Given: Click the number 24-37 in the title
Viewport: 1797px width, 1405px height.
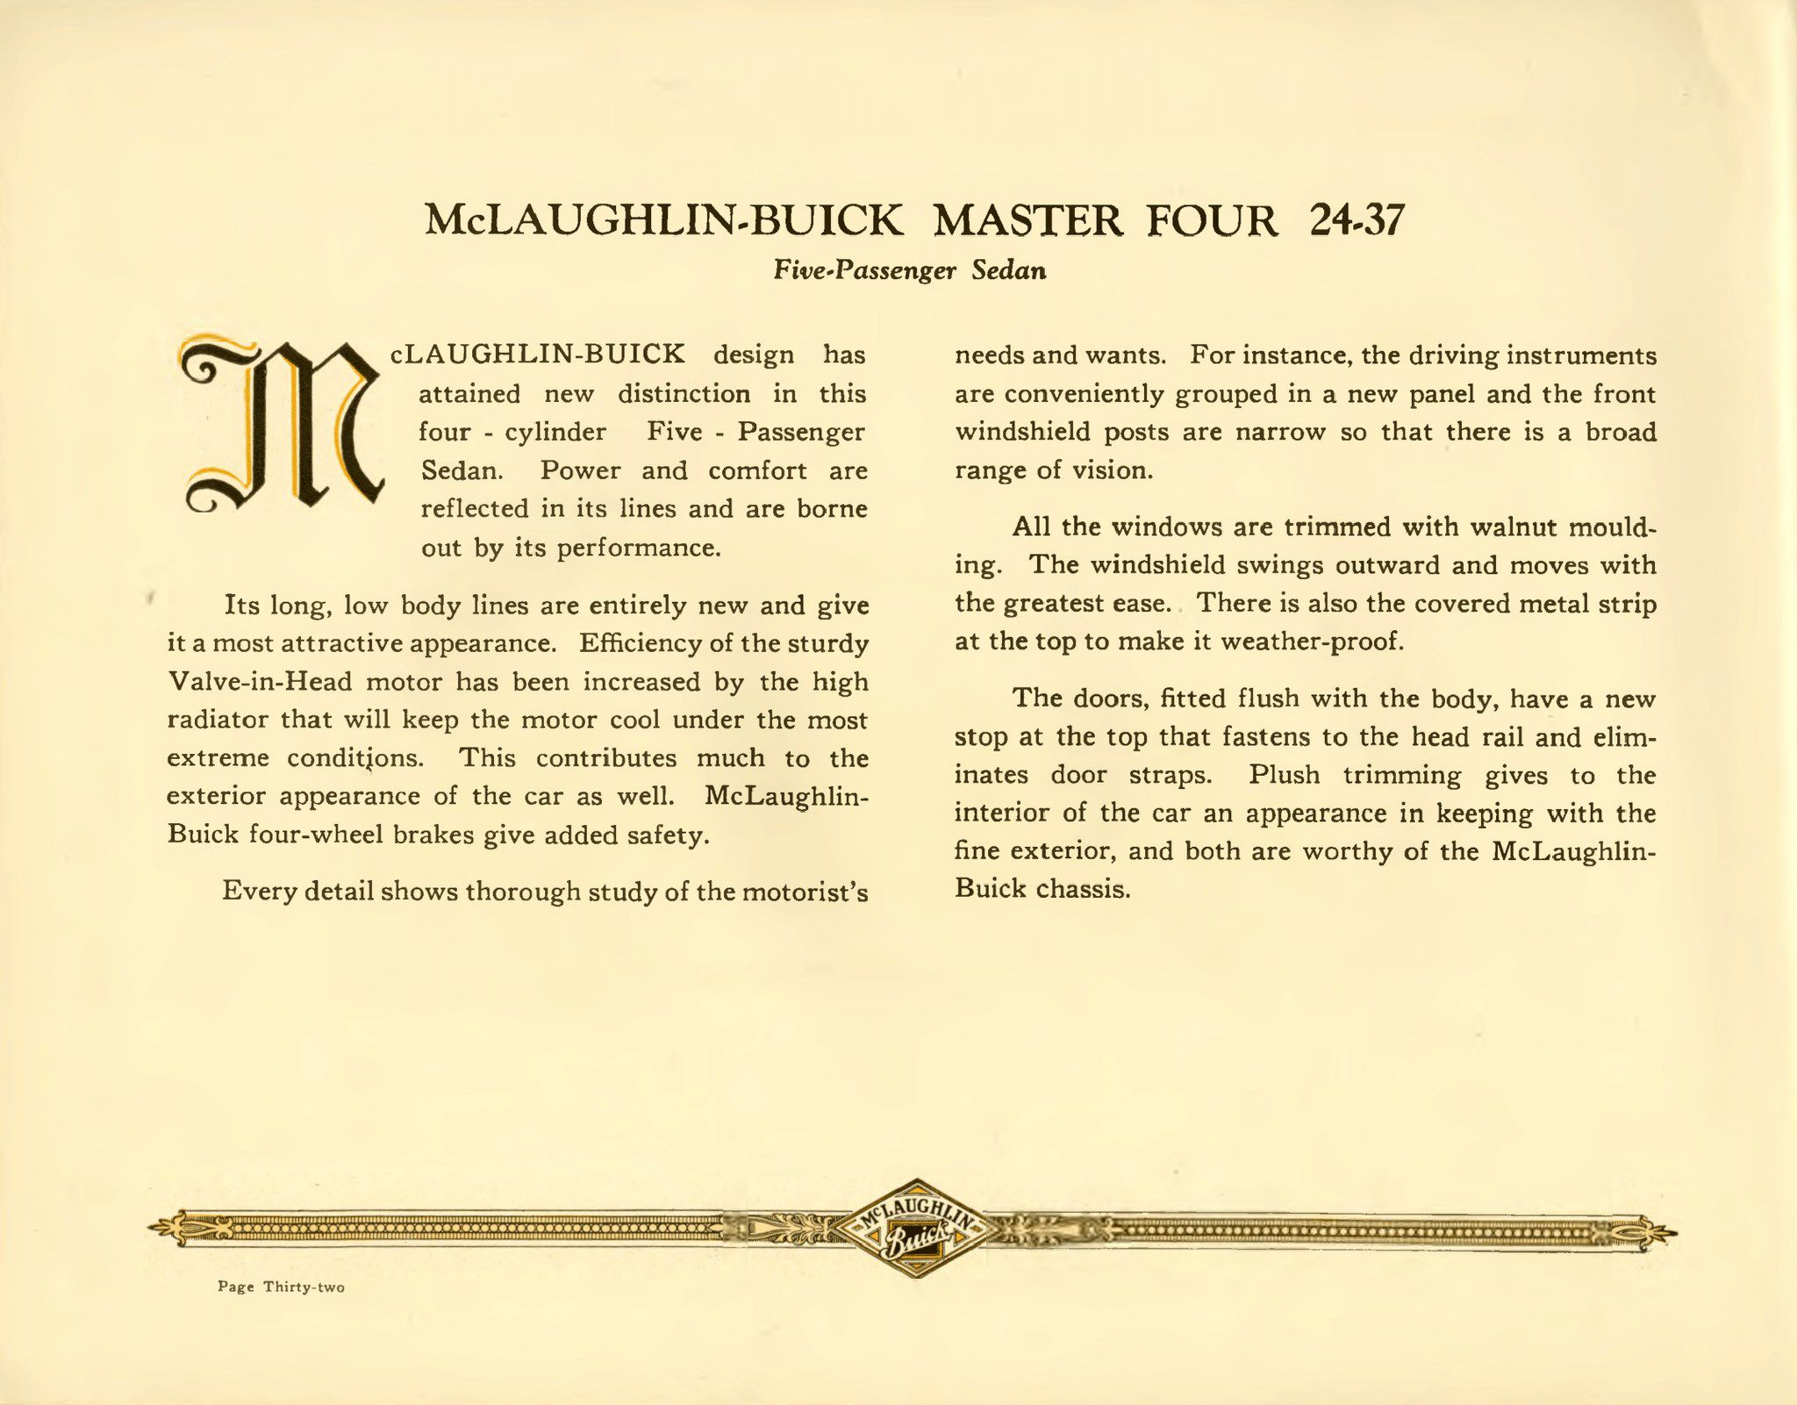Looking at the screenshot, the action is pyautogui.click(x=1357, y=220).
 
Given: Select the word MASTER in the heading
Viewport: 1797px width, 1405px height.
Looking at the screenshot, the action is pyautogui.click(x=1027, y=220).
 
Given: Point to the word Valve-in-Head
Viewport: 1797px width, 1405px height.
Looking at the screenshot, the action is pyautogui.click(x=259, y=682).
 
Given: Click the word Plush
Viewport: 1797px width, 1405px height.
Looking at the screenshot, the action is pyautogui.click(x=1284, y=775).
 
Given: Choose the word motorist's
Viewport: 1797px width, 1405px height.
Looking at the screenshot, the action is pyautogui.click(x=805, y=892).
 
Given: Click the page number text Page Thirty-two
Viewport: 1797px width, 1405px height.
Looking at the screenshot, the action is pyautogui.click(x=281, y=1287).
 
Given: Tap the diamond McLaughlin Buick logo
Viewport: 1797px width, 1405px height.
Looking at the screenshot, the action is pyautogui.click(x=916, y=1228).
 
